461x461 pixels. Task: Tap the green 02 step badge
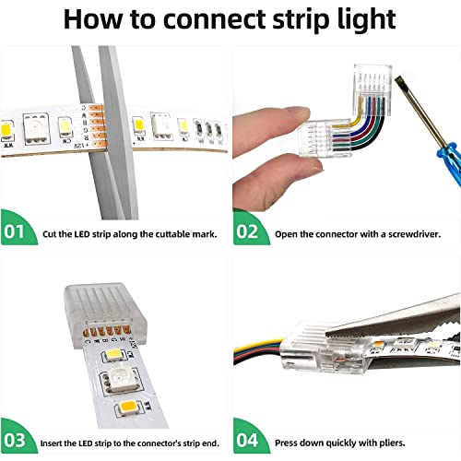click(247, 231)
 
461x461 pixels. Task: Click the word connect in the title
click(221, 19)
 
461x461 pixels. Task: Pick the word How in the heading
click(92, 19)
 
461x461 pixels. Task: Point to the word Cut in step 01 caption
click(52, 233)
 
